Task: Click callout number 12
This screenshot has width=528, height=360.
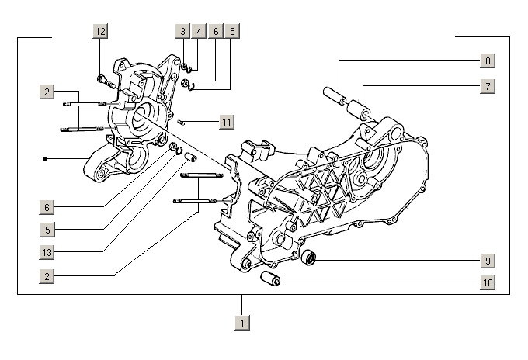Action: [99, 31]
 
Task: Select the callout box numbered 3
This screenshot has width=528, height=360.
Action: [182, 31]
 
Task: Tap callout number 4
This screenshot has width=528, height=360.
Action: [199, 31]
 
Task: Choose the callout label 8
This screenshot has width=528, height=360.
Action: [487, 61]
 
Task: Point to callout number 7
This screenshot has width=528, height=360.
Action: [487, 86]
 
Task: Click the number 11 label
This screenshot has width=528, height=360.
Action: [225, 122]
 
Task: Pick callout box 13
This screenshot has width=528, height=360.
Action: [47, 251]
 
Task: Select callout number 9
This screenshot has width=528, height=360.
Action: [487, 260]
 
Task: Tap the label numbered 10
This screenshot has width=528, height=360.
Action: [487, 282]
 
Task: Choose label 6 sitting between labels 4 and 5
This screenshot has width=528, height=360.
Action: [216, 31]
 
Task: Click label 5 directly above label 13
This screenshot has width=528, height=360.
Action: [47, 229]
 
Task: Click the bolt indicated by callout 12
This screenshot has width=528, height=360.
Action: [105, 79]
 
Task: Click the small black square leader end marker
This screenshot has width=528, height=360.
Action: [46, 159]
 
